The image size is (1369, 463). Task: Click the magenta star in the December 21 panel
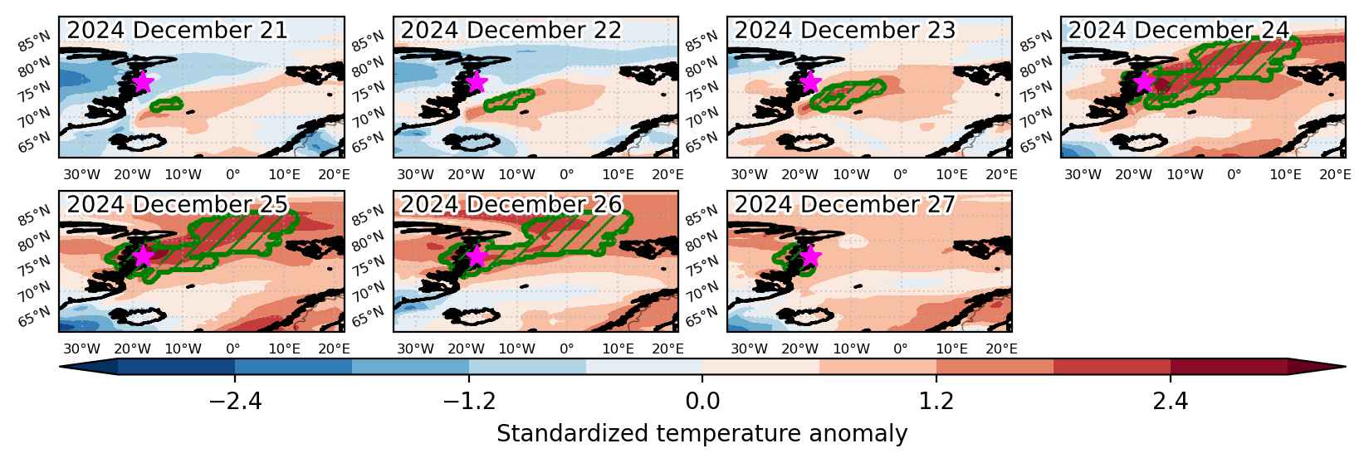(x=143, y=81)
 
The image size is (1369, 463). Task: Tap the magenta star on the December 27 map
(x=810, y=256)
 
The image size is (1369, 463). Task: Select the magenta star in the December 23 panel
(x=810, y=81)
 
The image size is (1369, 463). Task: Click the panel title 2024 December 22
(x=511, y=30)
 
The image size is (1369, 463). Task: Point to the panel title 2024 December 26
(x=511, y=204)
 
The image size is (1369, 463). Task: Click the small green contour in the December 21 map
(x=166, y=105)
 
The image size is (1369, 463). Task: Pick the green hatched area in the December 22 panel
(x=509, y=100)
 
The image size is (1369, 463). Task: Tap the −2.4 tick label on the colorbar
(x=235, y=402)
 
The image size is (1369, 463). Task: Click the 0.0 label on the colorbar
(x=702, y=402)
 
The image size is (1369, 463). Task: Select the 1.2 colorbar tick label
(x=936, y=402)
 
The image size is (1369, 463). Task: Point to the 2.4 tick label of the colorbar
(x=1171, y=402)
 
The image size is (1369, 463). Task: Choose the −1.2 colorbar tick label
(x=469, y=402)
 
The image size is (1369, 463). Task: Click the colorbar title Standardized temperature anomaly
(x=702, y=433)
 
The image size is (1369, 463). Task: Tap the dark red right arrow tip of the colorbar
(x=1345, y=367)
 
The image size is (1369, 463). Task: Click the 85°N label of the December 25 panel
(x=34, y=216)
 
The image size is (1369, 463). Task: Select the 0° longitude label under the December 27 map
(x=900, y=348)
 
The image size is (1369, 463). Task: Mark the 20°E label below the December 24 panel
(x=1335, y=175)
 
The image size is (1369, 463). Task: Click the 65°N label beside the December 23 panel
(x=702, y=143)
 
